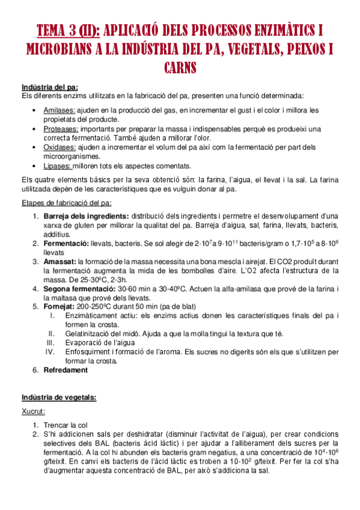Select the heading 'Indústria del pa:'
tap(49, 87)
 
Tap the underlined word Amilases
tap(59, 111)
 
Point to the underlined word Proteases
tap(61, 129)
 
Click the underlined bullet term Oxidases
tap(60, 147)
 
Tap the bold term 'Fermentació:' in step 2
tap(66, 244)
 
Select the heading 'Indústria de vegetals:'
tap(58, 398)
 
